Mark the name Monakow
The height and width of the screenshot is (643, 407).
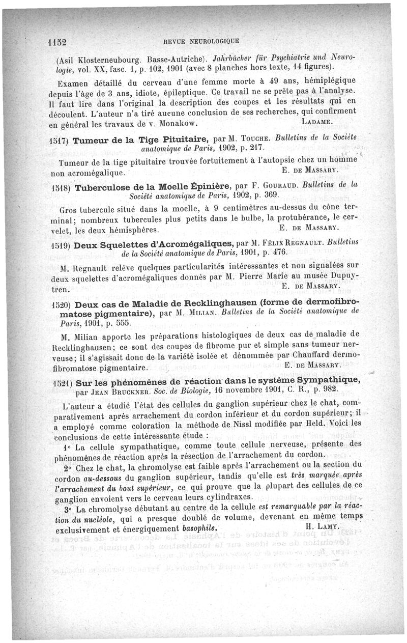[174, 124]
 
